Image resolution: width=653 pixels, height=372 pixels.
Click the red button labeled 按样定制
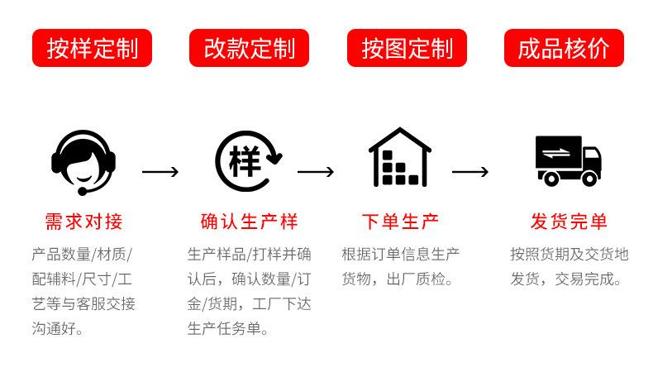(x=92, y=48)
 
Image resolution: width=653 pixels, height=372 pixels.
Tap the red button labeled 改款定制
(x=249, y=48)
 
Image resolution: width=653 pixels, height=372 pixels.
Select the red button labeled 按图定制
(x=407, y=48)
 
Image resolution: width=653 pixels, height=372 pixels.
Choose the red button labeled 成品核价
(x=564, y=48)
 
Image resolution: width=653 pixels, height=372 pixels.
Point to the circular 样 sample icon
(x=248, y=161)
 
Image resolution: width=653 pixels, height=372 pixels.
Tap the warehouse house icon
(x=400, y=157)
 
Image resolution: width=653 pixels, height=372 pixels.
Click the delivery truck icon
(x=568, y=161)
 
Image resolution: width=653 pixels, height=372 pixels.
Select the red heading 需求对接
(x=83, y=222)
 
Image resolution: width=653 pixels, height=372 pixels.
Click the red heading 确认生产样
(x=249, y=222)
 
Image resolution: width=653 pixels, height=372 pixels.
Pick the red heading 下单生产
(x=400, y=222)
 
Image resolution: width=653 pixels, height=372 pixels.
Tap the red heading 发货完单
(x=569, y=222)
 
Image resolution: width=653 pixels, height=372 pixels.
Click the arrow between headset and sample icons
(x=160, y=172)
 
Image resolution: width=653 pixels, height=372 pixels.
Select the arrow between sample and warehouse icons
(x=316, y=172)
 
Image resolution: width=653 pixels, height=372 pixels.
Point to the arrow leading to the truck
(x=470, y=172)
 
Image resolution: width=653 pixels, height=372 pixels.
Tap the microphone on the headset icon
(x=83, y=192)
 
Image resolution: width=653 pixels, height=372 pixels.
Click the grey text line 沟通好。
(x=58, y=329)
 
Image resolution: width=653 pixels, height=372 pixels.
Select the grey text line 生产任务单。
(x=227, y=329)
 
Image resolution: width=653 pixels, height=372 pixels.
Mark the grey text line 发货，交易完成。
(x=566, y=279)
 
